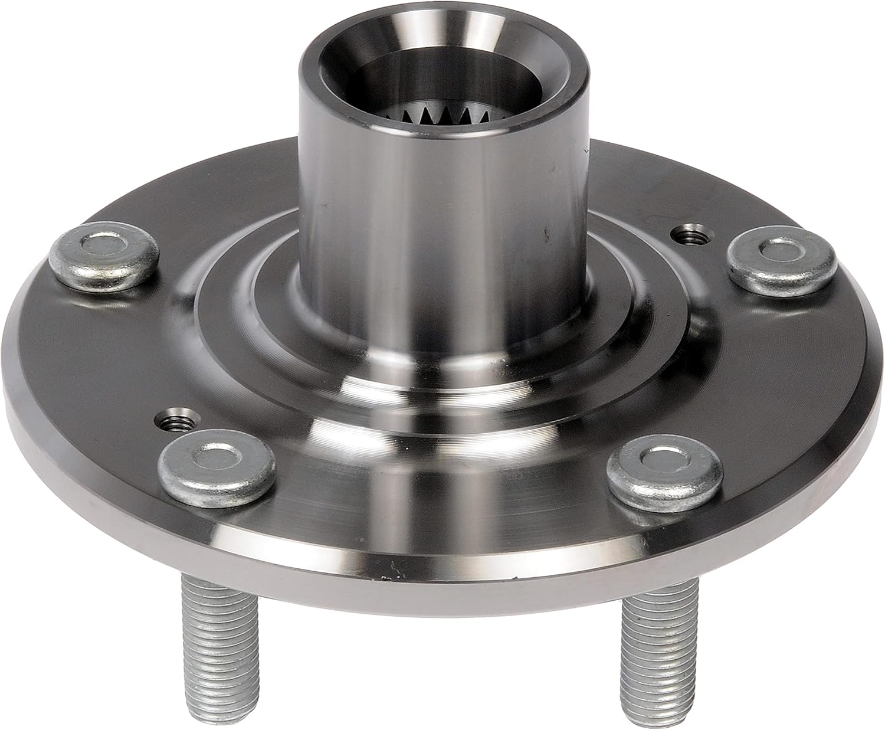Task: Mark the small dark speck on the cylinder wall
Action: [548, 232]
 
